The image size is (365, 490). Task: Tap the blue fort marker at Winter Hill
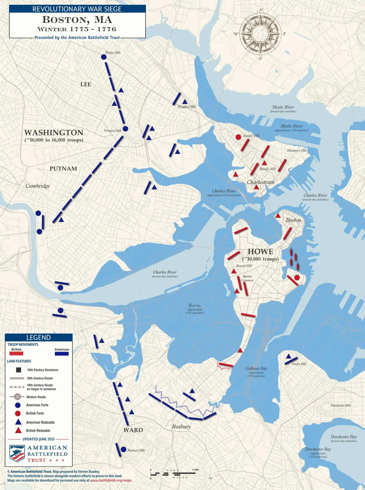click(x=104, y=57)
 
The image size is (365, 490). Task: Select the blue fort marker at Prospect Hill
click(x=125, y=129)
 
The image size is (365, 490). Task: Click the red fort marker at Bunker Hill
click(x=238, y=137)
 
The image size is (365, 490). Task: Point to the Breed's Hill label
click(x=267, y=169)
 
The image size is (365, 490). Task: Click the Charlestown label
click(x=260, y=182)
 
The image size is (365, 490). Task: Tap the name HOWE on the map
click(x=260, y=252)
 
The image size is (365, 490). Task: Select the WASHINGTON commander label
click(x=54, y=132)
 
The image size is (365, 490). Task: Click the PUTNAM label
click(x=63, y=169)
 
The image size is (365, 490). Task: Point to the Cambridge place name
click(x=38, y=186)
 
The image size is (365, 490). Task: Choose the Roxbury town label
click(x=181, y=426)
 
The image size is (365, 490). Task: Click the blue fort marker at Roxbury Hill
click(x=124, y=450)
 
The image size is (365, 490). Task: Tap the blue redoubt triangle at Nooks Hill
click(x=288, y=356)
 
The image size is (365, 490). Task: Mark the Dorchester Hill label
click(x=341, y=406)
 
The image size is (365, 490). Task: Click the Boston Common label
click(x=247, y=278)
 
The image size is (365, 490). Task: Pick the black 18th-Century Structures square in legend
click(x=18, y=370)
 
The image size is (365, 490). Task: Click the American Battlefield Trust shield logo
click(x=17, y=453)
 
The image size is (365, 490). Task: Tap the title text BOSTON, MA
click(x=77, y=20)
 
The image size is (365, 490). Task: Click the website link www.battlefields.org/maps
click(x=111, y=481)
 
